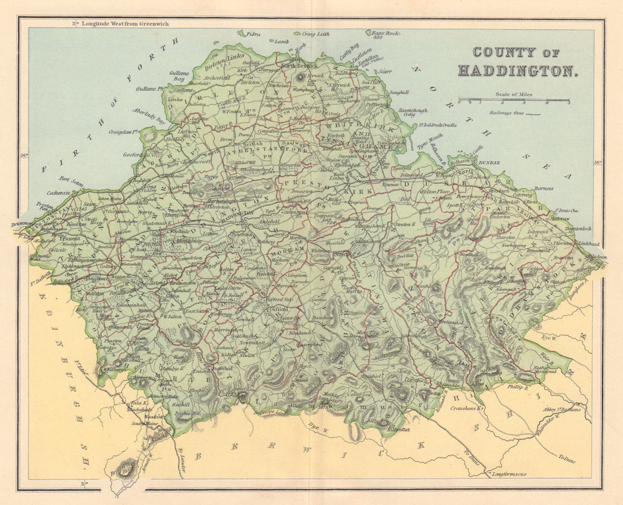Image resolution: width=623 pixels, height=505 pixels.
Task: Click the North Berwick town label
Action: pos(299,65)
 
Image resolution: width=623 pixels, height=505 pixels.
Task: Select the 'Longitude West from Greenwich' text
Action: pos(123,24)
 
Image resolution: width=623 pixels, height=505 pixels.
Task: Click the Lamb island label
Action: pos(281,41)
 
